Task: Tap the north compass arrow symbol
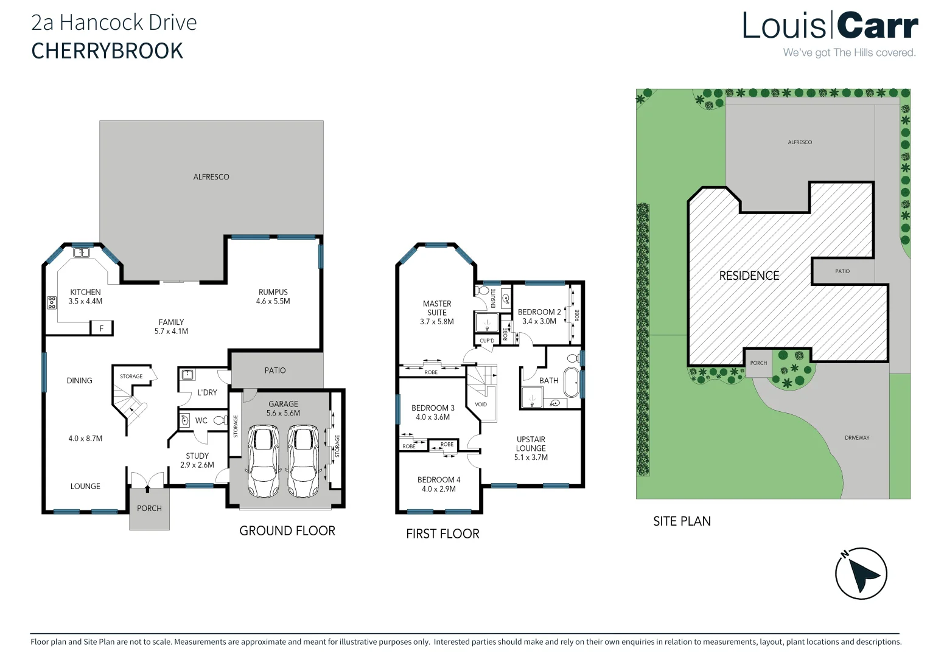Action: tap(861, 573)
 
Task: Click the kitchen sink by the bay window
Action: tap(81, 252)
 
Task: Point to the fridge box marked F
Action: tap(102, 328)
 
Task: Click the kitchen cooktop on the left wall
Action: tap(52, 302)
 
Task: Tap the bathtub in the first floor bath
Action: tap(572, 383)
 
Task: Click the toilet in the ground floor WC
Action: tap(219, 420)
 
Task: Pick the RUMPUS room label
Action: tap(273, 292)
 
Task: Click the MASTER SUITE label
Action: tap(437, 308)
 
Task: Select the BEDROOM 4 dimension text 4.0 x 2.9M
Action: tap(439, 489)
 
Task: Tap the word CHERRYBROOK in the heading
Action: tap(107, 51)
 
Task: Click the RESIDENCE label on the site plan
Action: tap(749, 276)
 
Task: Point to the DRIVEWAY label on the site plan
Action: tap(857, 437)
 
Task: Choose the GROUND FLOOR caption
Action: tap(287, 530)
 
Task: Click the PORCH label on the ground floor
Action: tap(149, 509)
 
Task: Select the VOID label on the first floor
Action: tap(481, 404)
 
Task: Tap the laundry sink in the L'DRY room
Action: tap(187, 375)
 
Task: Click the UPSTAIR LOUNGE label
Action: tap(531, 443)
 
